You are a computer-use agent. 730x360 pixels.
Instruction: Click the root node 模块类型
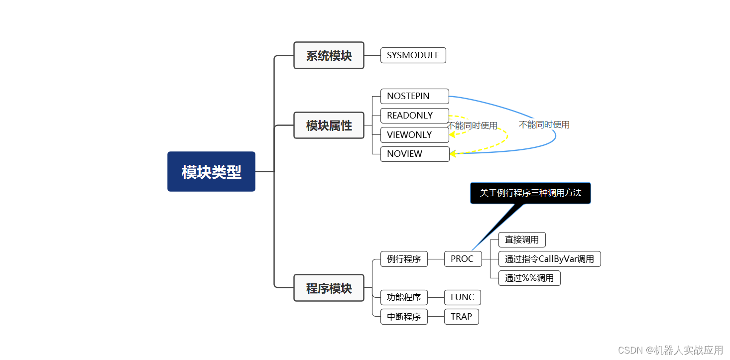[x=211, y=172]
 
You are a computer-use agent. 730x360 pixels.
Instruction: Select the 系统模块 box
[x=329, y=55]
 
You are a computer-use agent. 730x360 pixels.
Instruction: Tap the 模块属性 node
[x=329, y=125]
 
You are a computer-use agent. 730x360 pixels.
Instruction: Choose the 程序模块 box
[x=329, y=288]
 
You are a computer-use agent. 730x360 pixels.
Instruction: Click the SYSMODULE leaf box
[x=413, y=55]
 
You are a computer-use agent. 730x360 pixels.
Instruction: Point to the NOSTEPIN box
[x=414, y=96]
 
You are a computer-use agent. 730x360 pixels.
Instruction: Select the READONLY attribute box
[x=414, y=116]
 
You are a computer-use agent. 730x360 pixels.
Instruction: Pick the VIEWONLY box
[x=414, y=134]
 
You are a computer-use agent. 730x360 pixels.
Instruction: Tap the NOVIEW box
[x=414, y=154]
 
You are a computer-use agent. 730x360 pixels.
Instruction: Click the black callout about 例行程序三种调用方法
[x=530, y=193]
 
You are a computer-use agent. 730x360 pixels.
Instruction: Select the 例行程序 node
[x=404, y=259]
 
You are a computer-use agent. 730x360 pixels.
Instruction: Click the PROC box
[x=463, y=259]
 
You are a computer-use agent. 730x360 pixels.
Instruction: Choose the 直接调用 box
[x=522, y=240]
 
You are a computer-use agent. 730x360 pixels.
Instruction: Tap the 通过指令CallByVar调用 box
[x=549, y=259]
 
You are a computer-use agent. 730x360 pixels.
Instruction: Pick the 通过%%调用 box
[x=529, y=278]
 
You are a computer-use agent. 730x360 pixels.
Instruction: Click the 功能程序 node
[x=404, y=297]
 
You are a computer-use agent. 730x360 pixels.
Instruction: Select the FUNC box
[x=462, y=297]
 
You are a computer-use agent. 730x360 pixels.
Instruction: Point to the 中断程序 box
[x=404, y=317]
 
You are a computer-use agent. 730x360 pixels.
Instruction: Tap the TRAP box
[x=461, y=317]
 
